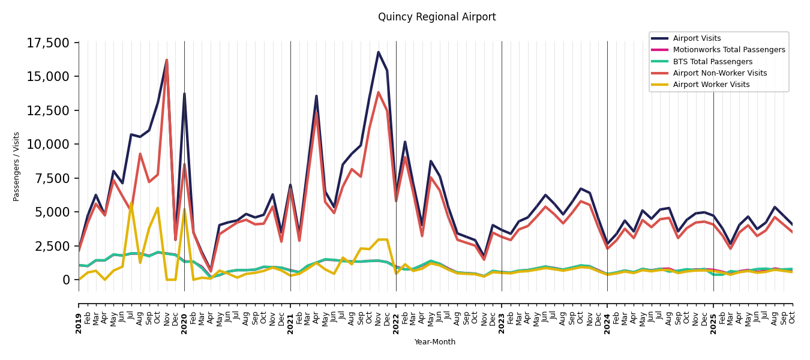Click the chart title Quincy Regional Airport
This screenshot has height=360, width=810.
pos(437,17)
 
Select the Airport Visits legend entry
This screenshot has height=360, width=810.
pos(697,38)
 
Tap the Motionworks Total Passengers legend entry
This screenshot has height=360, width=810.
pos(728,50)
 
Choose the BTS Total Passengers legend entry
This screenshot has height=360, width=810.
pos(712,62)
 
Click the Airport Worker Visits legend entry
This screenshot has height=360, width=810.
pos(711,85)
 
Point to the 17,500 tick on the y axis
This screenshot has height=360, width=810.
pos(49,43)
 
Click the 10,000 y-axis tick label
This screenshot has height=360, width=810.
pos(49,145)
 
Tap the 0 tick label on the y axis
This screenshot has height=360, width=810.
pos(67,280)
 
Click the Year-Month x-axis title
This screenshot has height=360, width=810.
pos(435,342)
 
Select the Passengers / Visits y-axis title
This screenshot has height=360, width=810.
pos(17,166)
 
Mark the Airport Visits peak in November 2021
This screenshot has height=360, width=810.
pos(378,52)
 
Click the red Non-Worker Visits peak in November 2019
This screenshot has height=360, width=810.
pos(166,60)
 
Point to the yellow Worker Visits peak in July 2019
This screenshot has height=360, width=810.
pos(131,203)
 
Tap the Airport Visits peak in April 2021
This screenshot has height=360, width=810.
pos(316,96)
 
